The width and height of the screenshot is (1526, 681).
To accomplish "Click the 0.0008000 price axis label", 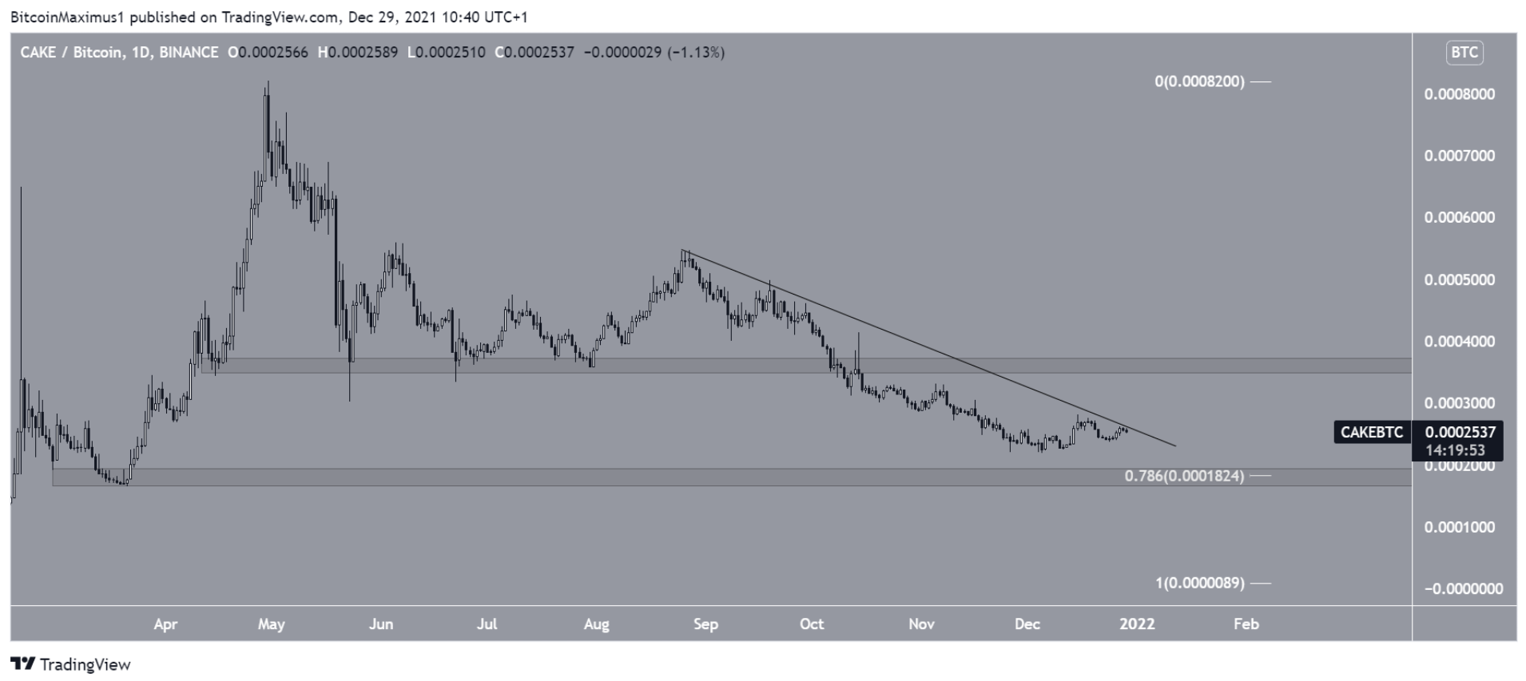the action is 1459,94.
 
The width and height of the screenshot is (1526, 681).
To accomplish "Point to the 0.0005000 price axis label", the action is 1459,280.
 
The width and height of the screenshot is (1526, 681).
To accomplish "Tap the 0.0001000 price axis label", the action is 1459,528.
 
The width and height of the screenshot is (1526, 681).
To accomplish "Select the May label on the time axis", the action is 272,624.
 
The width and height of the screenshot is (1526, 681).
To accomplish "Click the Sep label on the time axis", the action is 705,624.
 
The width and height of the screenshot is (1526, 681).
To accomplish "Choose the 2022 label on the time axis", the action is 1137,624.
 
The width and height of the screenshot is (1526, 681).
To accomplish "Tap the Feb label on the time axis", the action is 1246,624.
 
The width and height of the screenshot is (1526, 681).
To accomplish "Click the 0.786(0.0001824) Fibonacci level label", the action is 1184,477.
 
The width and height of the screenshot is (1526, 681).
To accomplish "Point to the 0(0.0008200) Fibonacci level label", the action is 1199,81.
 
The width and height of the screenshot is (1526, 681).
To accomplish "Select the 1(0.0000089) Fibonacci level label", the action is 1199,584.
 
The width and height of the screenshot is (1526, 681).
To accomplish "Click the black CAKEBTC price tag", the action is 1371,433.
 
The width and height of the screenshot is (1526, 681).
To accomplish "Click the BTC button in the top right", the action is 1464,53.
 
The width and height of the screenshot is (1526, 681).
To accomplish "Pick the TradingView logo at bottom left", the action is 70,664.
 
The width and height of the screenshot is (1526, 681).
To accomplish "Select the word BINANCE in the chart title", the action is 189,53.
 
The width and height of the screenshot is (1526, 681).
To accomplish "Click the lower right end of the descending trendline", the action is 1176,445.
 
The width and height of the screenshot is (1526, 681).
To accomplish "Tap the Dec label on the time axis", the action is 1027,624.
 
